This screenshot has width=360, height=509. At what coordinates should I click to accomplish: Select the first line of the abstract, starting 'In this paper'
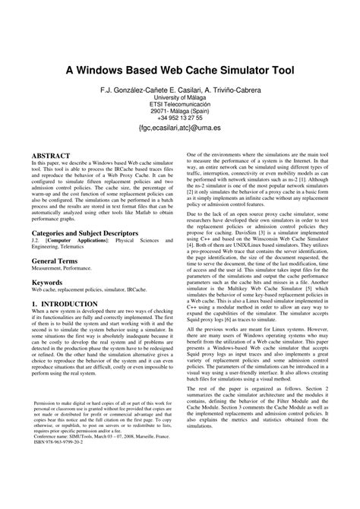99,163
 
